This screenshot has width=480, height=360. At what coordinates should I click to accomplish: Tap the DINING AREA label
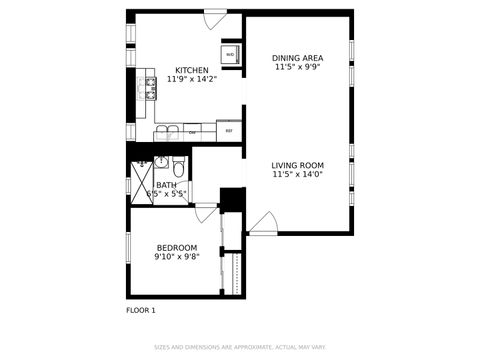pos(297,58)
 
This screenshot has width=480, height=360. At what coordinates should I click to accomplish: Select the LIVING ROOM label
pos(297,165)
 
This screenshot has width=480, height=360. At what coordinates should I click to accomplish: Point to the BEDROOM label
pos(176,247)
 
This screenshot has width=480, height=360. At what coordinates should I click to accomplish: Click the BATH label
pos(166,185)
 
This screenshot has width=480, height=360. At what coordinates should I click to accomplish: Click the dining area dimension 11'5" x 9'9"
pos(297,68)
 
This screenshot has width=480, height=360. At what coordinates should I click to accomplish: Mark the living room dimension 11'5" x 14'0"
pos(297,175)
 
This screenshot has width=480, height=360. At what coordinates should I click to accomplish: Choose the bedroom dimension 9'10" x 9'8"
pos(176,257)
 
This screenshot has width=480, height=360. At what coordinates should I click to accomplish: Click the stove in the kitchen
pos(152,91)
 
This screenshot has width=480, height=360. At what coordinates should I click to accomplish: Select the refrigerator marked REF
pos(229,131)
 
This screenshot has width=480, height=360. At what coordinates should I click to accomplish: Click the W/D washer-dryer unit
pos(230,54)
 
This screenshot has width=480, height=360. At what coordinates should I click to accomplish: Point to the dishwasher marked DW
pos(192,131)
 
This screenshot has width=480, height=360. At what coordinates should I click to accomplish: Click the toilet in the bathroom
pos(179,165)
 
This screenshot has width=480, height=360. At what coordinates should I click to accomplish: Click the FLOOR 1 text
pos(141,310)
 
